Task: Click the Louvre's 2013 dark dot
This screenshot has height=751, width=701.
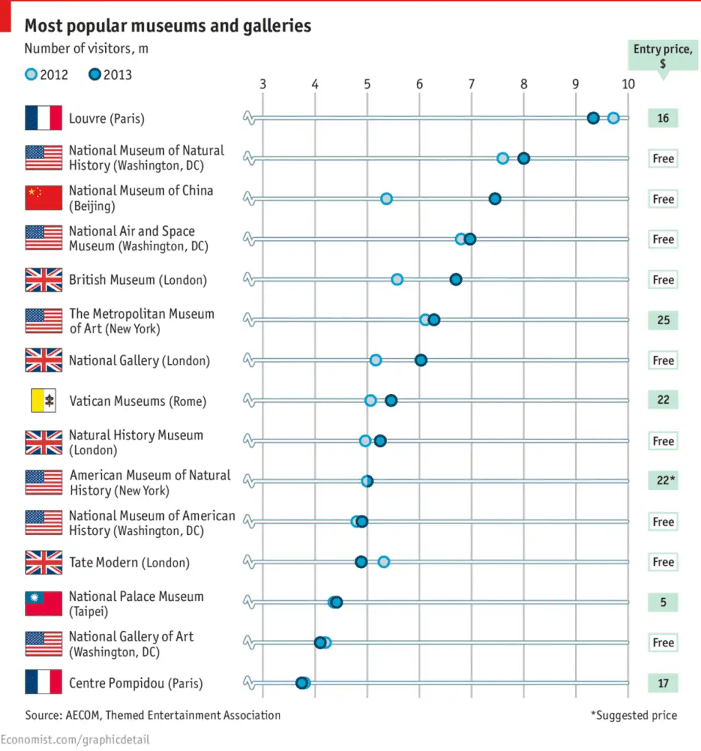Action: pos(593,118)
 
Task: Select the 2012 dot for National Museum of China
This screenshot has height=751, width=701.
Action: pos(386,198)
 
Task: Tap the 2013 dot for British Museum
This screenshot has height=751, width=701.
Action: pos(456,279)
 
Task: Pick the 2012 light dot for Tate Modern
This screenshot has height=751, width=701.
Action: pos(384,561)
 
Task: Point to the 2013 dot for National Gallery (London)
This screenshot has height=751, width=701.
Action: pos(421,360)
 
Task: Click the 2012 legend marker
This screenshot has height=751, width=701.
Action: pos(31,74)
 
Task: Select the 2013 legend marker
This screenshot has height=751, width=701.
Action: pos(95,74)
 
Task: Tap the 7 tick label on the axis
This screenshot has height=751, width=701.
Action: pos(472,84)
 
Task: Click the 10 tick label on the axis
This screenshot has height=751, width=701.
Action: pos(628,84)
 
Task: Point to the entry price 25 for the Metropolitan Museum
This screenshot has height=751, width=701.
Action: pos(663,320)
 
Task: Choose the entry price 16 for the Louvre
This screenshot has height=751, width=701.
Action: pos(663,118)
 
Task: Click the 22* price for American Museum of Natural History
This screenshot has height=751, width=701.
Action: pos(665,480)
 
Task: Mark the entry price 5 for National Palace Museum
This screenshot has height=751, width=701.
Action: pos(663,602)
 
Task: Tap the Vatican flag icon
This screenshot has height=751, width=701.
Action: pos(44,400)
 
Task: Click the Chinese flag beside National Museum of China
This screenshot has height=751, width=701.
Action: pos(44,198)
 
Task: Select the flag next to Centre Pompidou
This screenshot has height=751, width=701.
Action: pos(44,683)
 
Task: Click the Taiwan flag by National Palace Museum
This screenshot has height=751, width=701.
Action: pos(44,603)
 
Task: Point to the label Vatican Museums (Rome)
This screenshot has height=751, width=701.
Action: pos(138,401)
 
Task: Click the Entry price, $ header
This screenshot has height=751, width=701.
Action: pos(663,55)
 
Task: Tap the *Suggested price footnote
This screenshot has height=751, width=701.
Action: pos(634,715)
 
